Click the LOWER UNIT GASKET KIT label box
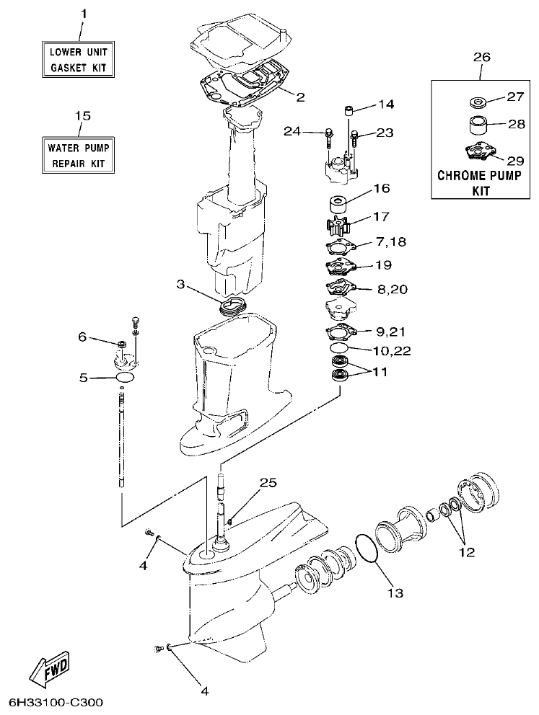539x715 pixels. (x=81, y=60)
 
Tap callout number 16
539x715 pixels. (x=382, y=189)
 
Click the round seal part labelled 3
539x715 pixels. (x=232, y=306)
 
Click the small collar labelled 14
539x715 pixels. (x=348, y=111)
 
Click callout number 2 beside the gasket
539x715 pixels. (x=300, y=97)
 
